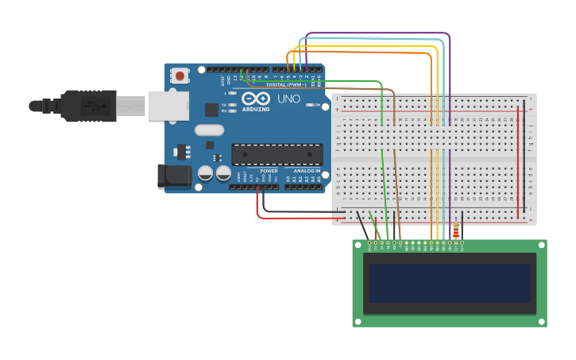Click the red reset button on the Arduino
180,76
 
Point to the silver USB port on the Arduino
168,105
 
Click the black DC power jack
175,176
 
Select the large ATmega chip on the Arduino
276,154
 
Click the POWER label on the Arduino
269,170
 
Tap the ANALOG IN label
307,170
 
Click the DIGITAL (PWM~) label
286,84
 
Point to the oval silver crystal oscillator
209,130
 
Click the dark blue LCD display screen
449,283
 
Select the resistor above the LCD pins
455,230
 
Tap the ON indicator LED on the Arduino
307,104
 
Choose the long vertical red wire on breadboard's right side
518,159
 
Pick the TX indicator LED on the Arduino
231,105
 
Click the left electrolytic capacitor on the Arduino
205,172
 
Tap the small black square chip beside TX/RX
212,110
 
